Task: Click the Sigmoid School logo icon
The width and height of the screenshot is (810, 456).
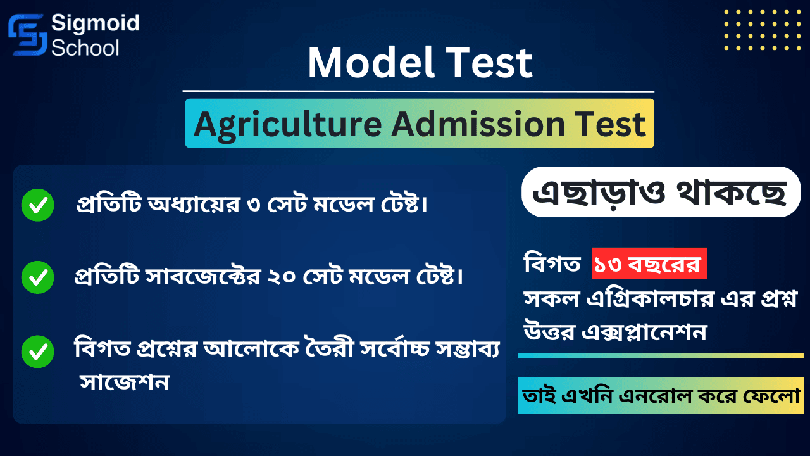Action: [27, 35]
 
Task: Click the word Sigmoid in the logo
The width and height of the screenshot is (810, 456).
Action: [95, 24]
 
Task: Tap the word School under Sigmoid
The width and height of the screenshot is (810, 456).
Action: [85, 47]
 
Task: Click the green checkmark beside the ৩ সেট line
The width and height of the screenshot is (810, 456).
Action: [37, 205]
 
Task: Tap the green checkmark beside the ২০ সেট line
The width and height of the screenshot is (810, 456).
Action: [37, 277]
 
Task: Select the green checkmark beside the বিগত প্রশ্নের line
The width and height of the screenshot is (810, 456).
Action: [37, 352]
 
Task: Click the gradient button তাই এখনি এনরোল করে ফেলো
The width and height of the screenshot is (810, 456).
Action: [660, 396]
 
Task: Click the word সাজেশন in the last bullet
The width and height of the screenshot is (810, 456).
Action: [125, 383]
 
